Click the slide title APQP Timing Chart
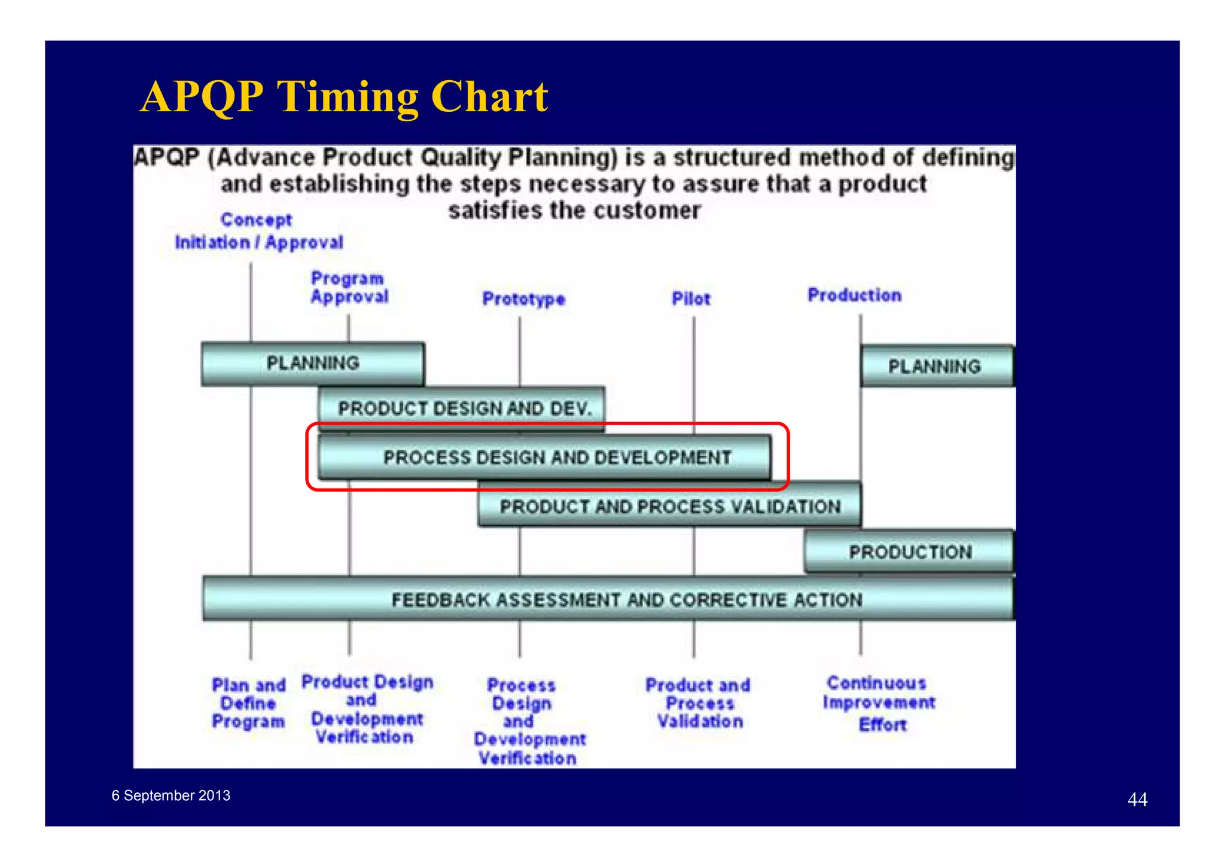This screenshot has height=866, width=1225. point(344,96)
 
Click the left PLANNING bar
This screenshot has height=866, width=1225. point(312,364)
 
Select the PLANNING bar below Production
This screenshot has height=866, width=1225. point(936,366)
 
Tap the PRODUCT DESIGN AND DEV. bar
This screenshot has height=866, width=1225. point(464,408)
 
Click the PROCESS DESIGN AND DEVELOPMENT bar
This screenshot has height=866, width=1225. point(556,458)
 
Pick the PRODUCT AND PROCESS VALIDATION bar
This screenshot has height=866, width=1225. point(670,507)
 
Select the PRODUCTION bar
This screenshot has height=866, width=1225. point(909,551)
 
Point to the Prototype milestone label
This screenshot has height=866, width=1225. point(523,298)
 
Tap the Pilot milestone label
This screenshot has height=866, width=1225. point(691,298)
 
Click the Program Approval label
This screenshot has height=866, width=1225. point(349,288)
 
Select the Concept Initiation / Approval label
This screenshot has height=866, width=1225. point(258,231)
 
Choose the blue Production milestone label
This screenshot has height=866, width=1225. point(854,295)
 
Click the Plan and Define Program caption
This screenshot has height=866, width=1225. point(248,703)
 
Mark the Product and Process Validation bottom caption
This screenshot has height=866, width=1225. point(698,703)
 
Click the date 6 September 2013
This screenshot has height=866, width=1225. point(170,795)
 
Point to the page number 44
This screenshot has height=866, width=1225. point(1137,800)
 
